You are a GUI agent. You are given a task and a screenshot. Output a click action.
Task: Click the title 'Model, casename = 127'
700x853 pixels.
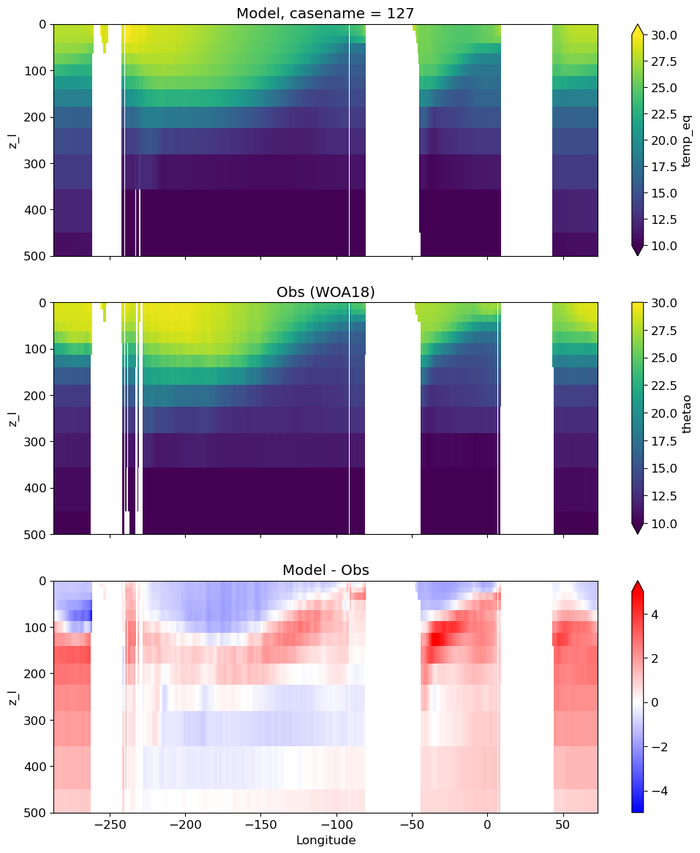click(x=325, y=13)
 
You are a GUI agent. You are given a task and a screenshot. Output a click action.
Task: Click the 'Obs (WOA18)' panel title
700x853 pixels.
click(x=325, y=292)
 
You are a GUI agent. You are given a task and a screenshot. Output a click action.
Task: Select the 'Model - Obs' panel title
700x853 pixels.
click(x=325, y=570)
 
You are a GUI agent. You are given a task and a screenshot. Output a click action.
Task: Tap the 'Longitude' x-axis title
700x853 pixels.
click(x=325, y=840)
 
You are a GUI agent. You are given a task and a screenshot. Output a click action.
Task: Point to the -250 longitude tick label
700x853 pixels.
click(x=110, y=824)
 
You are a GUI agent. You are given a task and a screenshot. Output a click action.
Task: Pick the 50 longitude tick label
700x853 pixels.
click(x=563, y=824)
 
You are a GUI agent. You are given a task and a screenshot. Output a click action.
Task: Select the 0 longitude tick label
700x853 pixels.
click(x=487, y=824)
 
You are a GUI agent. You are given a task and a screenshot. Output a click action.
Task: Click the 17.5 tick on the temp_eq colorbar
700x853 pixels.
click(x=663, y=167)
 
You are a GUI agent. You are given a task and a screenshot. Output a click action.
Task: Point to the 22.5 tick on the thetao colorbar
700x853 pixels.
click(x=663, y=386)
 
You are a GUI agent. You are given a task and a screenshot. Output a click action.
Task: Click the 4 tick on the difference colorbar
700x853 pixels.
click(x=655, y=615)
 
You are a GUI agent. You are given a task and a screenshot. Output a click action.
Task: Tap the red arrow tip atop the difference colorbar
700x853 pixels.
click(x=637, y=582)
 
